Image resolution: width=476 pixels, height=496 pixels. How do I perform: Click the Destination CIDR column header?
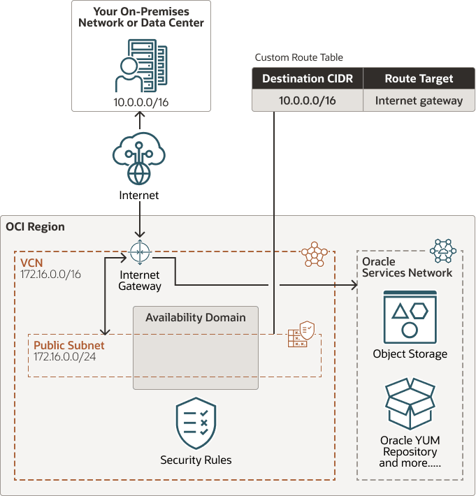[308, 79]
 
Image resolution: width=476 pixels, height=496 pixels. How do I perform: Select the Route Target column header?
[419, 79]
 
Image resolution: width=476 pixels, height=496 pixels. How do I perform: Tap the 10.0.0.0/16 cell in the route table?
[308, 101]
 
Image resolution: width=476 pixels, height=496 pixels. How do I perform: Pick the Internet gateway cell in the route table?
[419, 101]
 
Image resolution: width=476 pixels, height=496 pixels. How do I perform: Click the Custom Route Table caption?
[298, 57]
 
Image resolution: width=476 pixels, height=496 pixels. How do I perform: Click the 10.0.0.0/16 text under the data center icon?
[141, 102]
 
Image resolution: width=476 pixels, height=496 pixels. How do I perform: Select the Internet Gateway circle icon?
[140, 251]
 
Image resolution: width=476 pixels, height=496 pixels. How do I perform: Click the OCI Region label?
[36, 227]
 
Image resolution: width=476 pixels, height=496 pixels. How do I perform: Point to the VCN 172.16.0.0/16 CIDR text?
[50, 275]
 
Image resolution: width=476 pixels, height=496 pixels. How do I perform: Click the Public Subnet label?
[68, 345]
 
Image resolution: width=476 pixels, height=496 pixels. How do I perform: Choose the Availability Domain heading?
[196, 318]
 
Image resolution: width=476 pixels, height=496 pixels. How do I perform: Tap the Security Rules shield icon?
[196, 424]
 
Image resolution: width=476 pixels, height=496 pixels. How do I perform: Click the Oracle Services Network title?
[407, 268]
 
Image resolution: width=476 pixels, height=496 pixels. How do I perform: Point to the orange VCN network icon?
[314, 255]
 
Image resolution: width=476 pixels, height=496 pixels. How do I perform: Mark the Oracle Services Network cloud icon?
[443, 250]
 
